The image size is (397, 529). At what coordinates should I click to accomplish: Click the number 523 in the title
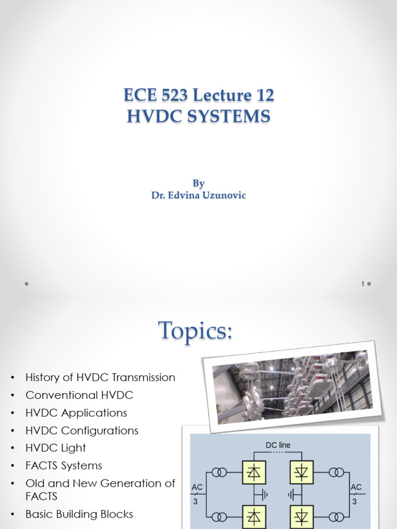pos(174,95)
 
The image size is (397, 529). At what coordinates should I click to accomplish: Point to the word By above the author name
pos(198,183)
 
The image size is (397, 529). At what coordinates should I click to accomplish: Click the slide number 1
pos(363,284)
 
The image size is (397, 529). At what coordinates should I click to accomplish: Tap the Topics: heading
pos(195,331)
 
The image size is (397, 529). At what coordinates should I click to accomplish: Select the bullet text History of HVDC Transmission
pos(100,377)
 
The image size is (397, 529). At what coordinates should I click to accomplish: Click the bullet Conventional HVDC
pos(79,395)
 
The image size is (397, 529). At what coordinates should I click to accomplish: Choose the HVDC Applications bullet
pos(77,413)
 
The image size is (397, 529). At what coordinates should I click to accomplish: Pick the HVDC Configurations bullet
pos(82,430)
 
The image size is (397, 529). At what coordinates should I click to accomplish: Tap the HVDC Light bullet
pos(56,448)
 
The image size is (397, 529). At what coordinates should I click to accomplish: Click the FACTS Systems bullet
pos(64,465)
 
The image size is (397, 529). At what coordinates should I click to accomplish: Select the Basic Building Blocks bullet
pos(79,514)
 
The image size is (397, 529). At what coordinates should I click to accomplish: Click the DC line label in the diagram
pos(278,445)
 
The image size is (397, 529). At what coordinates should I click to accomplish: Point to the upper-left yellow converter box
pos(254,472)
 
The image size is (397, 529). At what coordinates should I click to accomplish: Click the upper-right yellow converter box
pos(302,472)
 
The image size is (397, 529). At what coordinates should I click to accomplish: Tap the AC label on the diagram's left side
pos(197,487)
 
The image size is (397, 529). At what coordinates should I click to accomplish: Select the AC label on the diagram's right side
pos(356,487)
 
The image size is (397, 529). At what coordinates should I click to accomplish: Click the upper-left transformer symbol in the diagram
pos(220,472)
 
